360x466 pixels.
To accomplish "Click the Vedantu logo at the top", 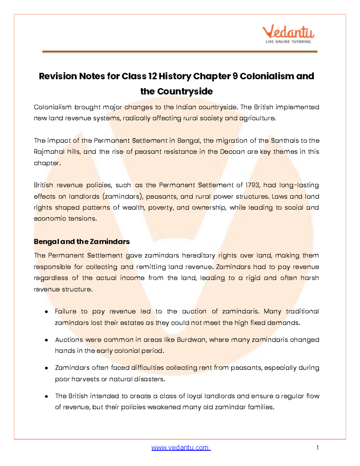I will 288,32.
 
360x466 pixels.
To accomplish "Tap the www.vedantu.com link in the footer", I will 181,448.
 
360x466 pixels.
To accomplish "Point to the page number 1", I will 317,448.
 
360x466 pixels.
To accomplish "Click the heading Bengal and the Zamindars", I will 82,242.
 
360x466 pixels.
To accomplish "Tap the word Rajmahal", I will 49,152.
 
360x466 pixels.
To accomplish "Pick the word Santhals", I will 285,140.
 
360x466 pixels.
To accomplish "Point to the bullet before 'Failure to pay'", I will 46,312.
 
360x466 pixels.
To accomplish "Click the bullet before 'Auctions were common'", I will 46,340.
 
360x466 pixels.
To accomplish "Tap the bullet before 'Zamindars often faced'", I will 46,368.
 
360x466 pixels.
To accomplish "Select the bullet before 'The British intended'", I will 46,396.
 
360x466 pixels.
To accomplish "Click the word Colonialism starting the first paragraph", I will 52,107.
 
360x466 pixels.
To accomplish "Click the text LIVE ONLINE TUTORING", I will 288,42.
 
